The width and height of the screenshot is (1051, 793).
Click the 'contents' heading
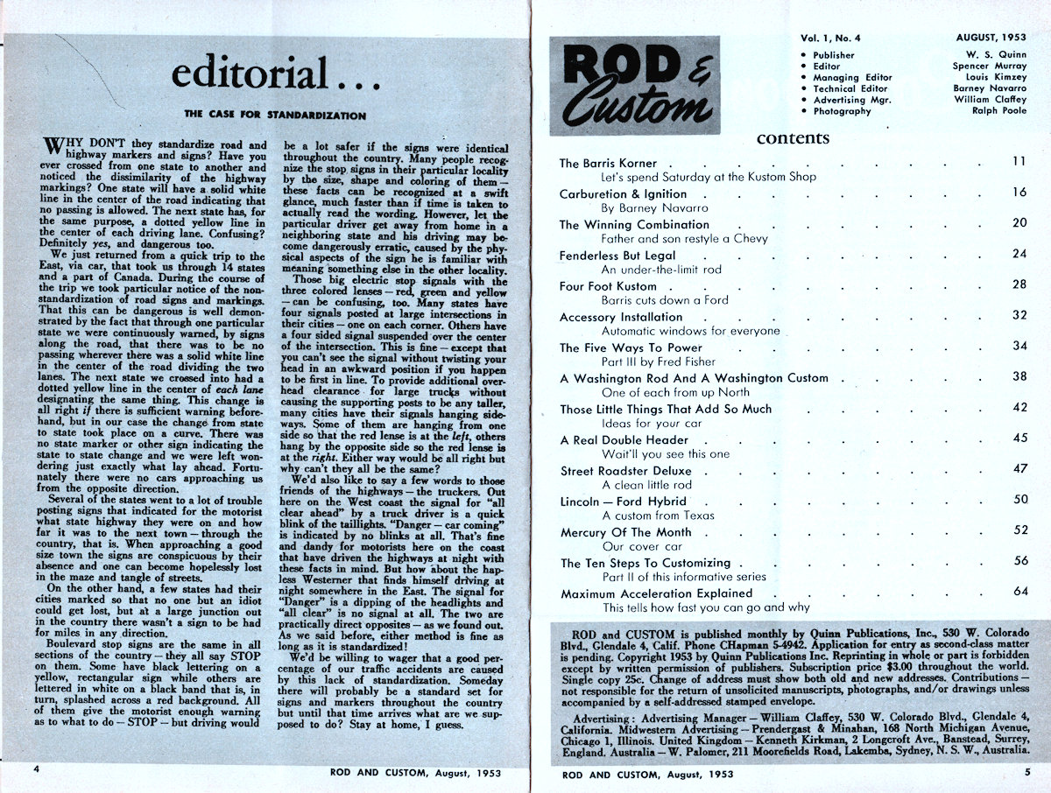tap(793, 138)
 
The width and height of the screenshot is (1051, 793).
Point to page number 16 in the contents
tap(1019, 193)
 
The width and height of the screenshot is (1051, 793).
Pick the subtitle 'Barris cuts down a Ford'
tap(665, 299)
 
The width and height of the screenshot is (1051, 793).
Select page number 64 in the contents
tap(1019, 593)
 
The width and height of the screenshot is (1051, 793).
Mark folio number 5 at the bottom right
tap(1026, 773)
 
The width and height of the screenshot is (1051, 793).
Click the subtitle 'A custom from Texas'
tap(659, 516)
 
